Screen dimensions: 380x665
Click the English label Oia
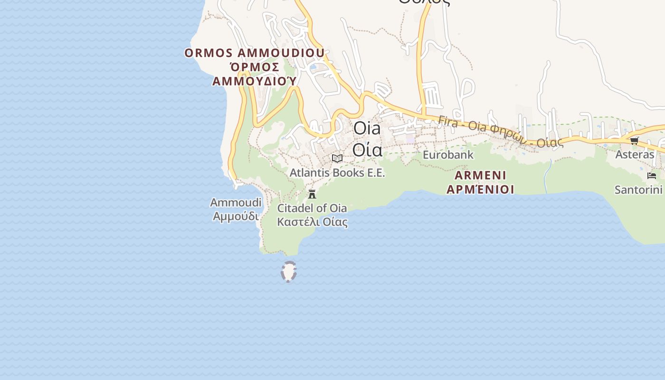click(367, 129)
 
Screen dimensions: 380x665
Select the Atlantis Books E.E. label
click(337, 172)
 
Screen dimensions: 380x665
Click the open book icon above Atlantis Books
click(337, 158)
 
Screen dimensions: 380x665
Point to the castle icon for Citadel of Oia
click(312, 194)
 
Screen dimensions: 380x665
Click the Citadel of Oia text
click(312, 208)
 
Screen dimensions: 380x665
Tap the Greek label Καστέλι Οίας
click(312, 222)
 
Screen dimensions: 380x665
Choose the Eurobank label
click(448, 154)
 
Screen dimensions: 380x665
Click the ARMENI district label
click(480, 175)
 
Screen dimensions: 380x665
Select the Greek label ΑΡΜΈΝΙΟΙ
click(480, 190)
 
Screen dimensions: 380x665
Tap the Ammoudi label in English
click(236, 203)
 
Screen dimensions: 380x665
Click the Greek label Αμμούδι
click(236, 217)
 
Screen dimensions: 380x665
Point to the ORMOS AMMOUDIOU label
click(255, 53)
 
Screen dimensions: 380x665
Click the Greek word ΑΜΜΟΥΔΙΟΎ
click(255, 81)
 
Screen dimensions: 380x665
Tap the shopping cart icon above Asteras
click(634, 141)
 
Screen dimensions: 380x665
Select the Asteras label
click(635, 154)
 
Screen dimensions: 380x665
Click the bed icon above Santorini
click(651, 176)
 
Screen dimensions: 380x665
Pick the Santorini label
click(638, 190)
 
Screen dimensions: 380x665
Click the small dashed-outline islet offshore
click(289, 272)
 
